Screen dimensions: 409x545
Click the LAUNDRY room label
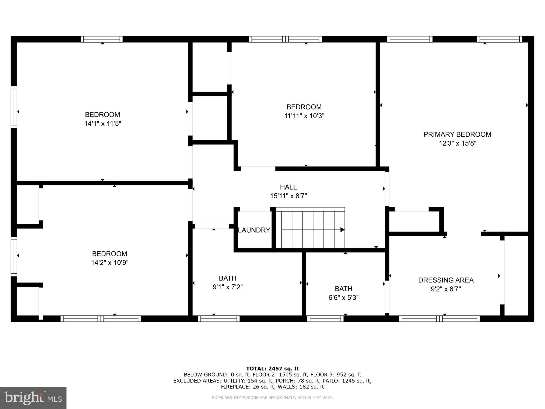coord(254,230)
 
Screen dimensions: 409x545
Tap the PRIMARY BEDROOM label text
coord(457,134)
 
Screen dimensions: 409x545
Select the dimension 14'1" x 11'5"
coord(102,124)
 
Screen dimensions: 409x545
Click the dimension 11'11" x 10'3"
coord(304,116)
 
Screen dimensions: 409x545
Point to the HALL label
coord(288,187)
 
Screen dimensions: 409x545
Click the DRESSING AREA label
coord(446,280)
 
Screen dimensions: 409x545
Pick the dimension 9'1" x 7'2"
coord(228,287)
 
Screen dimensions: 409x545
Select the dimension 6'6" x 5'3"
coord(343,297)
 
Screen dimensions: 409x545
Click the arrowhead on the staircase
coord(342,230)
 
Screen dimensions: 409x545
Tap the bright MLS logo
coord(33,398)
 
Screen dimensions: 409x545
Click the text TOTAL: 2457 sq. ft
coord(272,369)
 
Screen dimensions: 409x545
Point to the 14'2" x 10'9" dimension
coord(110,263)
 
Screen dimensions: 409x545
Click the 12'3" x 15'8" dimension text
coord(457,143)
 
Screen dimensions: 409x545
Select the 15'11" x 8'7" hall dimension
coord(288,196)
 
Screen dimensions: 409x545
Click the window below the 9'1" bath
coord(219,318)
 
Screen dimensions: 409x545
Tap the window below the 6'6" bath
coord(325,318)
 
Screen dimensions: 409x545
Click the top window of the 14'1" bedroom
coord(102,39)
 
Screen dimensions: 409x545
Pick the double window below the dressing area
coord(439,318)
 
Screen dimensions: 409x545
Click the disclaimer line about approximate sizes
coord(272,398)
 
